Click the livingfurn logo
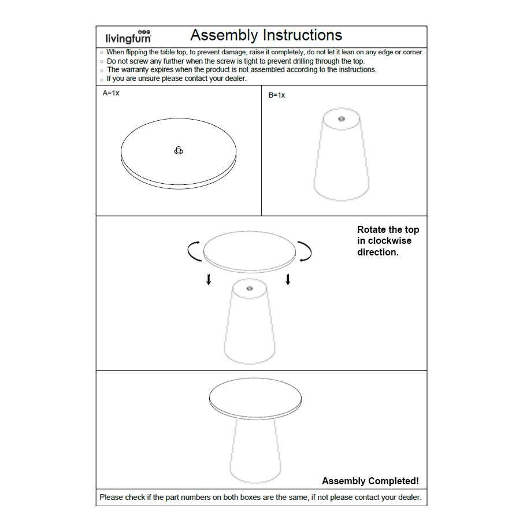point(128,37)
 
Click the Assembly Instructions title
point(266,35)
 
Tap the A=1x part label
point(111,93)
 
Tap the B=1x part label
point(277,95)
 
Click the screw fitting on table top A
point(179,151)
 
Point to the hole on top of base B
point(341,119)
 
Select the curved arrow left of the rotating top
point(194,251)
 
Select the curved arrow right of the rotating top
point(305,251)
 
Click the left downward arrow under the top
point(209,280)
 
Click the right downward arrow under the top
point(288,280)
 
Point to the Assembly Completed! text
point(370,481)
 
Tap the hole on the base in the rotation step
point(250,288)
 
